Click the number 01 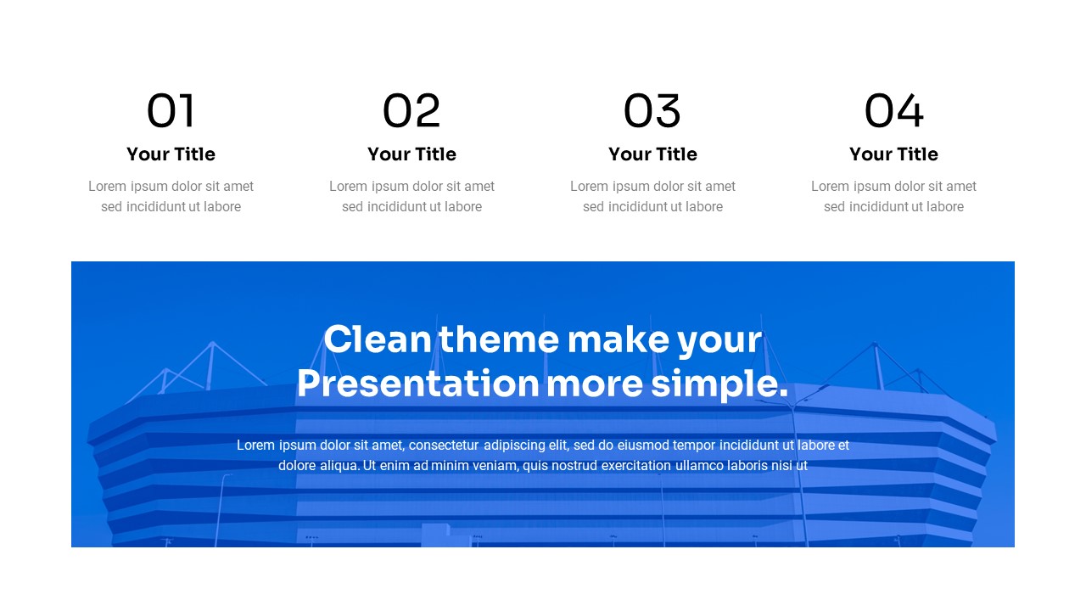171,111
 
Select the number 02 411,111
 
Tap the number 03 652,111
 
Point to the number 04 893,111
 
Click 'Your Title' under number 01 171,154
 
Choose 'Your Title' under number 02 411,154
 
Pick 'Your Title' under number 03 652,154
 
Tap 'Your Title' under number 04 893,154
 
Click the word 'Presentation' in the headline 417,384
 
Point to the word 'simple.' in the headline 719,384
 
